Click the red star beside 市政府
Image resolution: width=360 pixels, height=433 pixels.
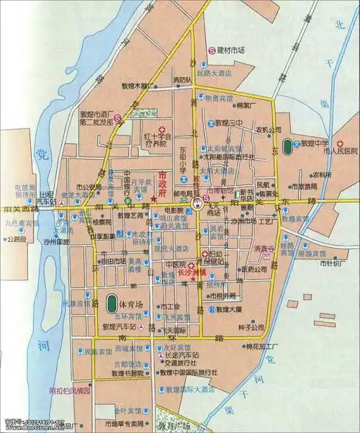click(x=153, y=199)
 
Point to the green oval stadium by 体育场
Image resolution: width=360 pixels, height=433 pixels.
click(x=112, y=303)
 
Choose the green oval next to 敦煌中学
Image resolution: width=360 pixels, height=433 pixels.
click(x=289, y=144)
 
